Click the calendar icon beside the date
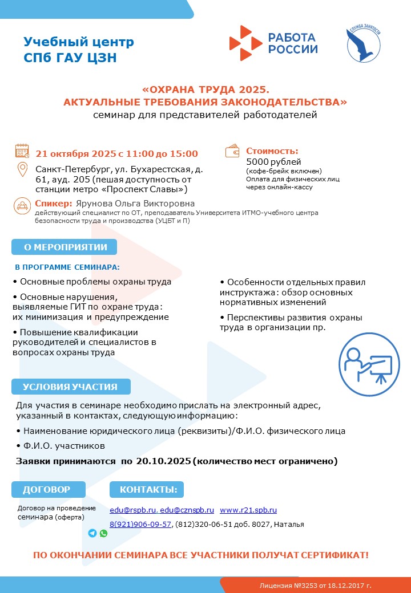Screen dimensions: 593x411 tap(22, 151)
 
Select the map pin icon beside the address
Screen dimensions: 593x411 tap(22, 170)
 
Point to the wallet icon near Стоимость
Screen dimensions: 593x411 tap(232, 151)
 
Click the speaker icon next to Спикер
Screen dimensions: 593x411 tap(22, 205)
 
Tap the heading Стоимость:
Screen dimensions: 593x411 tap(272, 151)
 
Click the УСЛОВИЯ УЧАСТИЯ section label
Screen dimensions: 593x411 tap(70, 387)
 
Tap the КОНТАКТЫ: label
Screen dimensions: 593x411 tap(147, 489)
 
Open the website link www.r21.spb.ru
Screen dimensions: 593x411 tap(248, 510)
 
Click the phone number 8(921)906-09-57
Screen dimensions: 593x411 tap(140, 525)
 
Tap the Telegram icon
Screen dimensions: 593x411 tap(92, 533)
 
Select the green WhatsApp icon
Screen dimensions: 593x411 tap(103, 533)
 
